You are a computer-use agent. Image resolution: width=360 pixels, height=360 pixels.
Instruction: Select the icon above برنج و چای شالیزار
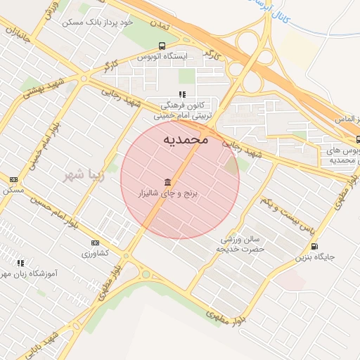click(x=167, y=181)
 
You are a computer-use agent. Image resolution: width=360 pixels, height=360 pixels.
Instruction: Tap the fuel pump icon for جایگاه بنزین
click(x=314, y=246)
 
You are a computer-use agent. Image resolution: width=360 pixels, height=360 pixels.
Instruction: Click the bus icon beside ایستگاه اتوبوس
click(x=162, y=46)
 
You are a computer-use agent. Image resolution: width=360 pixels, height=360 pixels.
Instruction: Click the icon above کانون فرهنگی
click(x=181, y=94)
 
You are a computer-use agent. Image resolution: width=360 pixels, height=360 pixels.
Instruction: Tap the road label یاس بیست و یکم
click(x=284, y=210)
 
